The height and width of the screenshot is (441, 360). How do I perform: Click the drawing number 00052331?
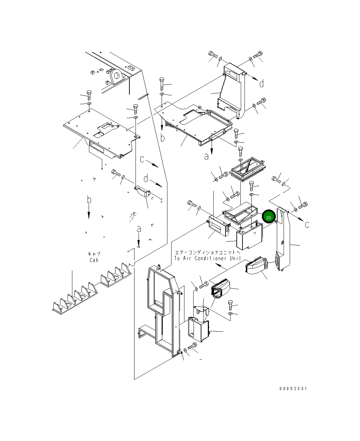coord(293,389)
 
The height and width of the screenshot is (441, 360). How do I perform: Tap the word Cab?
coord(94,260)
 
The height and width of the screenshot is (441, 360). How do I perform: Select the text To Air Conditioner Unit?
coord(208,258)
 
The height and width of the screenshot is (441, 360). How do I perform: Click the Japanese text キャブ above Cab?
coord(94,254)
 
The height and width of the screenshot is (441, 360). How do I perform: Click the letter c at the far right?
coord(307,224)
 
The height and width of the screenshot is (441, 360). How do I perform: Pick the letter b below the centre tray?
coord(163,137)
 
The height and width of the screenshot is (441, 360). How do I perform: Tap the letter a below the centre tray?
coord(207,156)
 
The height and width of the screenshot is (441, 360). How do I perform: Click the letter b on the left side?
coord(89,200)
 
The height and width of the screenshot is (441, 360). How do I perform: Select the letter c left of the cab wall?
coord(142,159)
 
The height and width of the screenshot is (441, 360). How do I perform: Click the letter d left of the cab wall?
coord(146,179)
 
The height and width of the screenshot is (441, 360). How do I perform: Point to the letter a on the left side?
coord(139,229)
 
